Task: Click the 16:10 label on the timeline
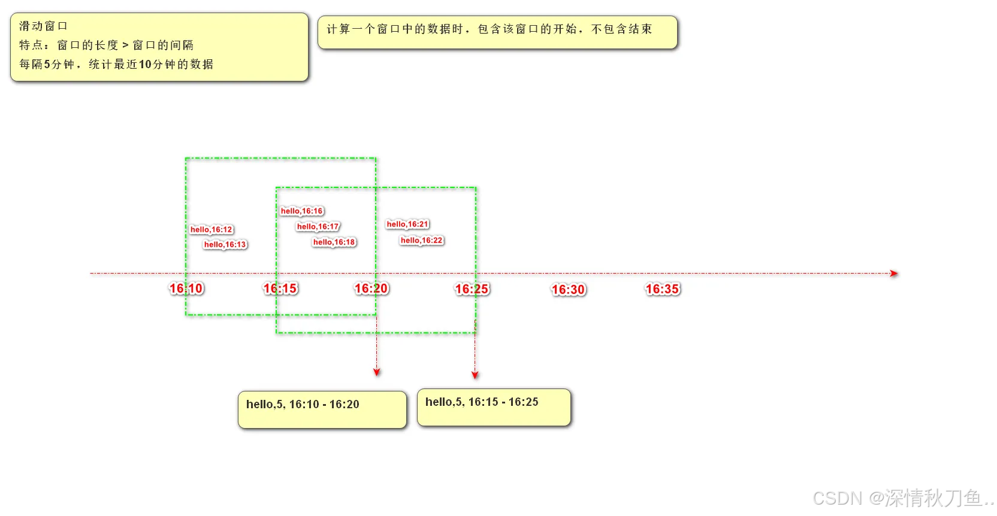[186, 289]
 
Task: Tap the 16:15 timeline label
[280, 289]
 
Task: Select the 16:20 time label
[371, 289]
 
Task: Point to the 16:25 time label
[472, 290]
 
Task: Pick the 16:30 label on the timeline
[568, 290]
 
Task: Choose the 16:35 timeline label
[663, 290]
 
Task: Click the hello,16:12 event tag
[212, 230]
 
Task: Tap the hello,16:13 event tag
[225, 245]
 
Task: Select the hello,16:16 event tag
[302, 211]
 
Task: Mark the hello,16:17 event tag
[318, 227]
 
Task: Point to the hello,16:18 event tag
[334, 242]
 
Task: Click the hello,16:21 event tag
[408, 224]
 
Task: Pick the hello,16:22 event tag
[422, 241]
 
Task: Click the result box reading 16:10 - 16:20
[322, 410]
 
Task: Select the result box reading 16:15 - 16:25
[494, 408]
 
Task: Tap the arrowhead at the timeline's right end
[894, 274]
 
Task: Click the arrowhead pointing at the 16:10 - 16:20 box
[377, 372]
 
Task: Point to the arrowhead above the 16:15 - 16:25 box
[475, 375]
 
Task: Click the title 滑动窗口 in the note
[43, 26]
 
